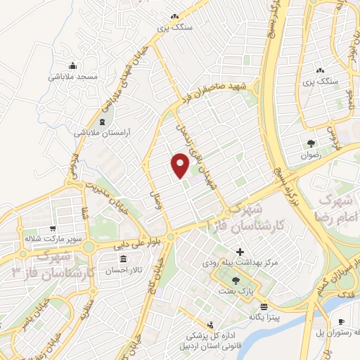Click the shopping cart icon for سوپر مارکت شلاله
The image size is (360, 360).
click(52, 229)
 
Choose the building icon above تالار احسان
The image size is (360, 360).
click(113, 260)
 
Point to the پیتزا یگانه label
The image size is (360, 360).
click(264, 317)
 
